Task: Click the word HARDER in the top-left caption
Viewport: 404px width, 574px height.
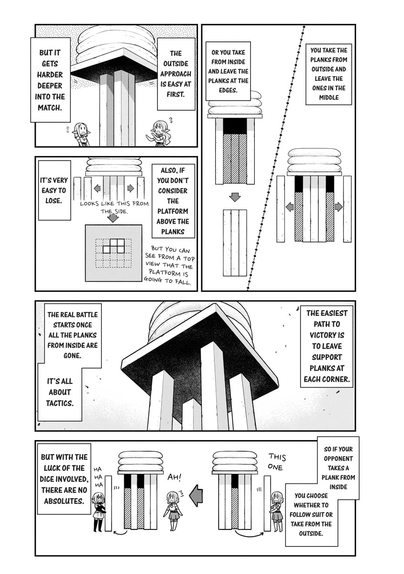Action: [50, 75]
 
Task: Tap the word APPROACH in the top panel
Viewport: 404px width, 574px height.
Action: [175, 74]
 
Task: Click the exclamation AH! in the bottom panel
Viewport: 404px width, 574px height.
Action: [175, 477]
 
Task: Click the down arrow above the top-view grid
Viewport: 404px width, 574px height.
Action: [112, 218]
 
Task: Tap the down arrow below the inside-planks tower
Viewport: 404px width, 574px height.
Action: [234, 197]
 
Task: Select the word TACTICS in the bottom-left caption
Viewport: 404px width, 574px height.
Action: [60, 403]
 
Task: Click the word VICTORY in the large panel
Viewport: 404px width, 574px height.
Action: [327, 335]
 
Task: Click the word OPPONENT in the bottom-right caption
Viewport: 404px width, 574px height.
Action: [338, 458]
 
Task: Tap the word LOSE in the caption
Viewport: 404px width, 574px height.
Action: [54, 200]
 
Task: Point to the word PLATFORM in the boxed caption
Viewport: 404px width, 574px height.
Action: [173, 211]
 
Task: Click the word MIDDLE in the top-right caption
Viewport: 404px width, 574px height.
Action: [328, 98]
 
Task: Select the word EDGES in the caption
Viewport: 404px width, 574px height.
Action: [228, 90]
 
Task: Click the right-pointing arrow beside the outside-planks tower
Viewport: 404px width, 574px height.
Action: [338, 207]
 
